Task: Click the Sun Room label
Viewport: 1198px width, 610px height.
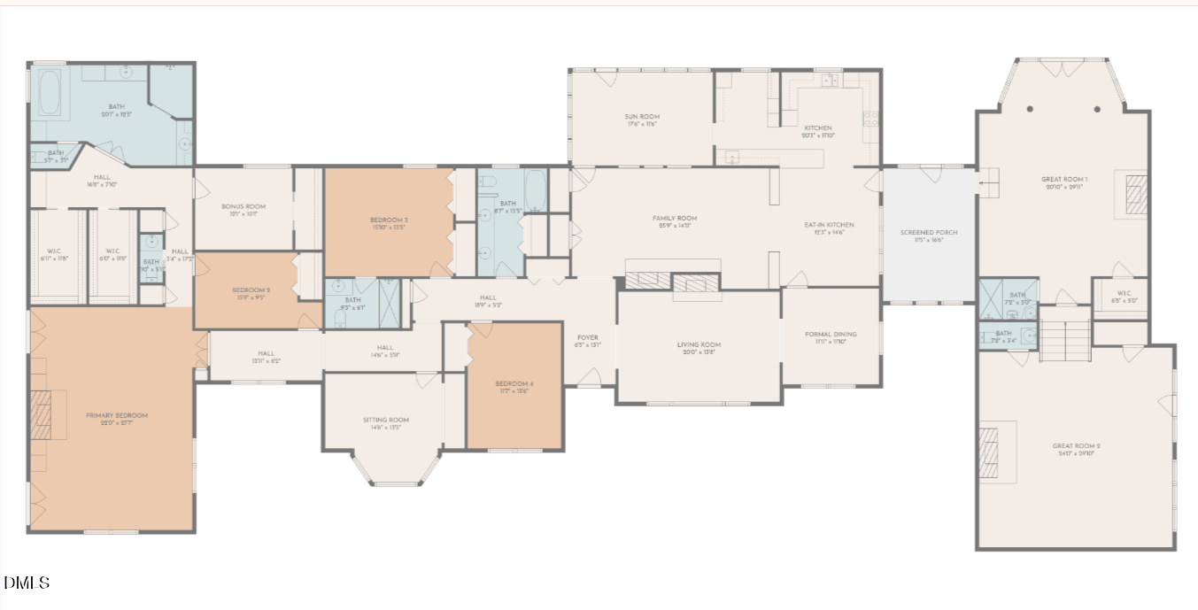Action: [x=642, y=117]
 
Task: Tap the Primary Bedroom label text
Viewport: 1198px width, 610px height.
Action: [x=116, y=415]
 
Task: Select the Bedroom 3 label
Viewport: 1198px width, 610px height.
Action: [x=389, y=220]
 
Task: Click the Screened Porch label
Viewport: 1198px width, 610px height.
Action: [x=929, y=233]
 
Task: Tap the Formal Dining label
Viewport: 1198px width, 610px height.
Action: [x=831, y=335]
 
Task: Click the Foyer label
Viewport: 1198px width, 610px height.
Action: [x=588, y=337]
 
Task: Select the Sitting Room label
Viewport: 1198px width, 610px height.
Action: [x=386, y=421]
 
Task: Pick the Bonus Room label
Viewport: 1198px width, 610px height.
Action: [x=243, y=206]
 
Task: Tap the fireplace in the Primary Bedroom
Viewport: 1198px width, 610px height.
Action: [x=42, y=414]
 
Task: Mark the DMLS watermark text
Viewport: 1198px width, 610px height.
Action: [x=27, y=583]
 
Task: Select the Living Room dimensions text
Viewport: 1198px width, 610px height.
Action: [x=699, y=352]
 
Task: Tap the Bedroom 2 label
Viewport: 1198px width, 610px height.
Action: [x=251, y=290]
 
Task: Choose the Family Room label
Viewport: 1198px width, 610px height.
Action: [x=675, y=218]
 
